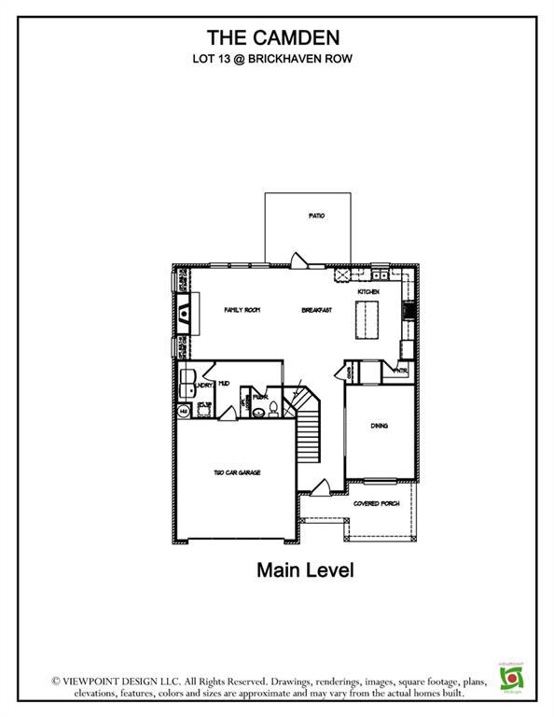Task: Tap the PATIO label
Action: [x=316, y=216]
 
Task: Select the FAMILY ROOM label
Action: [x=241, y=309]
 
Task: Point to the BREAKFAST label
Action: [x=317, y=309]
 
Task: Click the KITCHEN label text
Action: [x=367, y=292]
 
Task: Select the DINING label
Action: [x=379, y=426]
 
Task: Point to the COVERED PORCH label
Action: [x=376, y=503]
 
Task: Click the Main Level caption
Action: [x=305, y=570]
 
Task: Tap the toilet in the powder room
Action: [x=262, y=408]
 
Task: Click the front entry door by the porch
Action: [x=321, y=486]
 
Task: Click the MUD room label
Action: [x=224, y=384]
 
